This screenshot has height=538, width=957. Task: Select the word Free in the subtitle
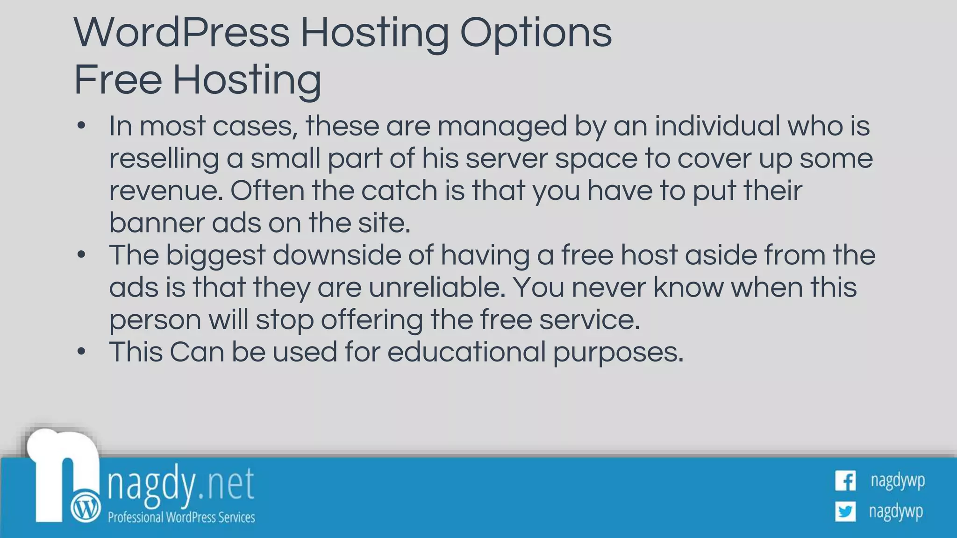pos(118,79)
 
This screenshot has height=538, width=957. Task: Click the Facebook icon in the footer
pos(845,481)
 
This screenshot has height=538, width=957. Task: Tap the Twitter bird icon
pos(845,511)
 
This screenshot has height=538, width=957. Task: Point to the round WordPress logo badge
pos(86,507)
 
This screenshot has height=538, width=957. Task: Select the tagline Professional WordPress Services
pos(181,517)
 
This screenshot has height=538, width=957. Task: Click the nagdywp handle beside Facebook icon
pos(898,481)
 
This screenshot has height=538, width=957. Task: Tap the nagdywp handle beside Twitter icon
pos(896,511)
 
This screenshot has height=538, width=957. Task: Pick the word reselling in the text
pos(164,158)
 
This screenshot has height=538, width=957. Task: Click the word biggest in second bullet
pos(215,255)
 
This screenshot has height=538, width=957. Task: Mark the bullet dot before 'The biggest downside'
pos(82,255)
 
